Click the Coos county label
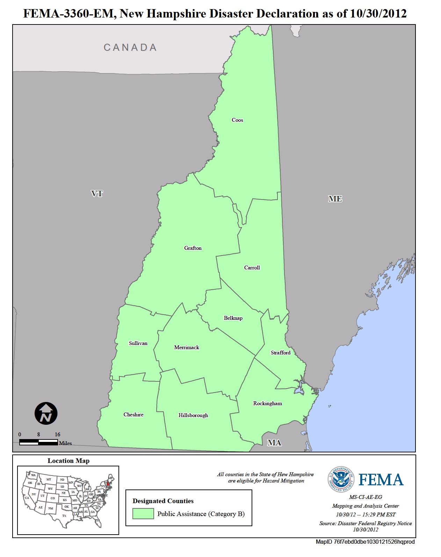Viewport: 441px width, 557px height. click(x=237, y=120)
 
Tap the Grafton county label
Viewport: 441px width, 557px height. click(x=193, y=248)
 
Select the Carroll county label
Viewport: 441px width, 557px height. click(x=252, y=268)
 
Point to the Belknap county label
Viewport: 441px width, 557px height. click(x=233, y=318)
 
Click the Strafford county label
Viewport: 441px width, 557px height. click(x=281, y=353)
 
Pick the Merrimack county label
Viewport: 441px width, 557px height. click(x=187, y=347)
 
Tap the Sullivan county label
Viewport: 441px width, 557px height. click(x=138, y=343)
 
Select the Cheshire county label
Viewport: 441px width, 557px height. click(x=133, y=415)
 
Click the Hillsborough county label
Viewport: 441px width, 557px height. click(x=193, y=415)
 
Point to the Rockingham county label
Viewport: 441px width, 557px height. click(x=268, y=403)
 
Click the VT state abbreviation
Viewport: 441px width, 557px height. click(x=97, y=193)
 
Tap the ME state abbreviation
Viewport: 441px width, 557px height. click(x=335, y=199)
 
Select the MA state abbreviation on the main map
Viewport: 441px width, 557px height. click(x=274, y=443)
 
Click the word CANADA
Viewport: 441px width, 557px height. click(x=130, y=48)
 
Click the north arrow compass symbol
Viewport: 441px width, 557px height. click(x=46, y=413)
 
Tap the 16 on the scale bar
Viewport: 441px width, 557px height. click(x=57, y=435)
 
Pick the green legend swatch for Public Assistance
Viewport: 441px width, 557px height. click(x=143, y=514)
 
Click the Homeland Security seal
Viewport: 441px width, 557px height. click(x=341, y=479)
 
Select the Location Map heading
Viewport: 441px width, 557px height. click(x=68, y=461)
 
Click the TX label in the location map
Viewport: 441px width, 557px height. click(x=64, y=516)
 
